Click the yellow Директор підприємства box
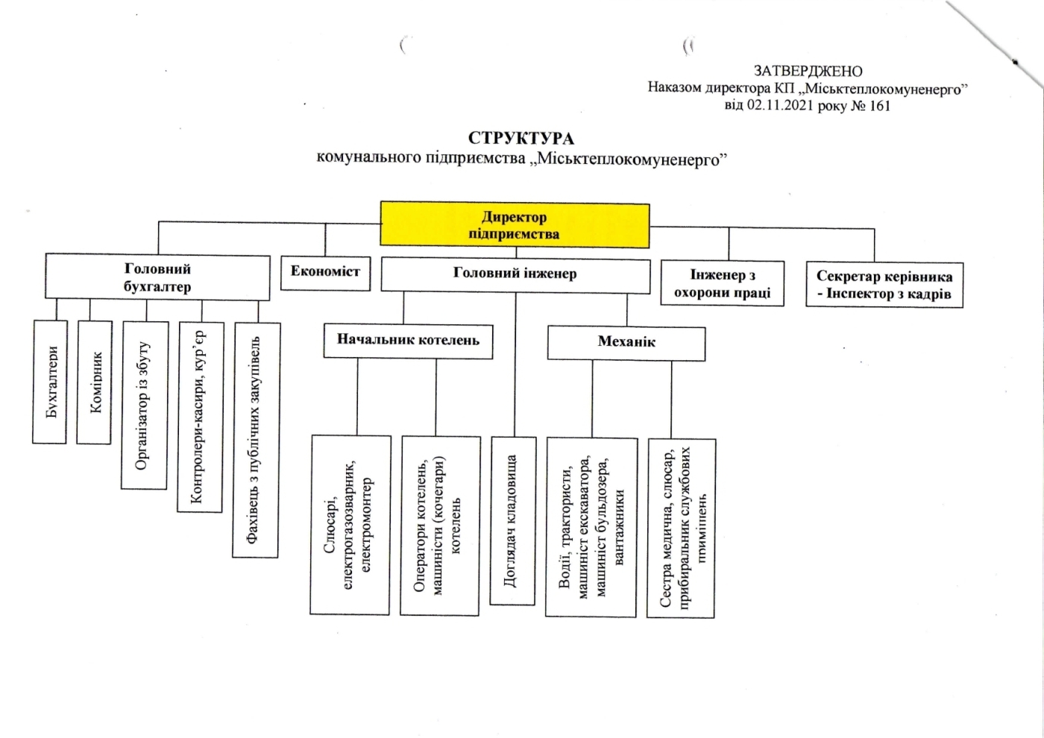point(515,224)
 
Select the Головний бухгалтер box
point(157,277)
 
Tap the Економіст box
point(326,274)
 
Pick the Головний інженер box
point(515,277)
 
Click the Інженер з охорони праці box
point(723,283)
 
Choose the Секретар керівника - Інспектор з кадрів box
point(884,285)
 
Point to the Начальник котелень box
point(409,341)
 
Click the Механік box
point(626,344)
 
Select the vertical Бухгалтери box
point(50,382)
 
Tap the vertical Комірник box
point(94,382)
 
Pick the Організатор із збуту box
point(145,406)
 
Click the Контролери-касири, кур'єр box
point(201,417)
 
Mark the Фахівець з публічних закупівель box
point(257,441)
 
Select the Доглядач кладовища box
point(513,521)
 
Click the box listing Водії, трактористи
point(591,528)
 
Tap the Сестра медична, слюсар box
point(682,529)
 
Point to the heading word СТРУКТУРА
point(521,139)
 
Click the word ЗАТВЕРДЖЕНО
point(808,71)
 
